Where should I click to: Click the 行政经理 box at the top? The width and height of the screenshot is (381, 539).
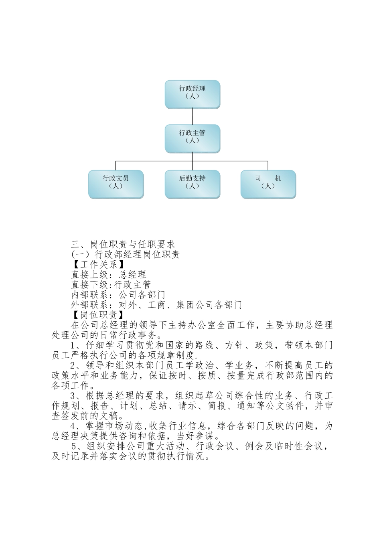coord(192,94)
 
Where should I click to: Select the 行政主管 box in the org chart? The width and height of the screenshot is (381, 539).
coord(192,138)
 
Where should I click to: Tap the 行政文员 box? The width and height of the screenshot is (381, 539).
coord(116,184)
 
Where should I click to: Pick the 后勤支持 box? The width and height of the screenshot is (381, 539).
coord(192,184)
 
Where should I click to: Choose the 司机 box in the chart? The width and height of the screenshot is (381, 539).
coord(268,184)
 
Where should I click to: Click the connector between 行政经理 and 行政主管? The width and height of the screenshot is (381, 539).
coord(193,116)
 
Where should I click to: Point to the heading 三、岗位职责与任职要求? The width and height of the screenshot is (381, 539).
coord(123,244)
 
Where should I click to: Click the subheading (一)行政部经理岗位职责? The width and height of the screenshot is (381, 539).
coord(125,254)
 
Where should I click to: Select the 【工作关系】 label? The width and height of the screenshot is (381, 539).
coord(97,264)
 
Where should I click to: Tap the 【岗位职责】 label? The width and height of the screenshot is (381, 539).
coord(97,314)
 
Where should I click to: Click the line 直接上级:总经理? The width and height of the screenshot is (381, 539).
coord(108,274)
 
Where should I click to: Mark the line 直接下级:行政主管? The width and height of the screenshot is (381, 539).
coord(111,284)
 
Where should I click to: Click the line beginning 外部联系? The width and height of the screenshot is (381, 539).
coord(156,304)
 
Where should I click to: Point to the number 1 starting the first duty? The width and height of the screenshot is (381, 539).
coord(73,345)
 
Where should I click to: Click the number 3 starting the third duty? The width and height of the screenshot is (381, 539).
coord(73,396)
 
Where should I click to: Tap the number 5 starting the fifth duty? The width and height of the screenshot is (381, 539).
coord(74,446)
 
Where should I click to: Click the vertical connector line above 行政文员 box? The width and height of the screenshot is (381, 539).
coord(116,165)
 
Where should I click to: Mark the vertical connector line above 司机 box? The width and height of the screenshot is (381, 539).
coord(268,165)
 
